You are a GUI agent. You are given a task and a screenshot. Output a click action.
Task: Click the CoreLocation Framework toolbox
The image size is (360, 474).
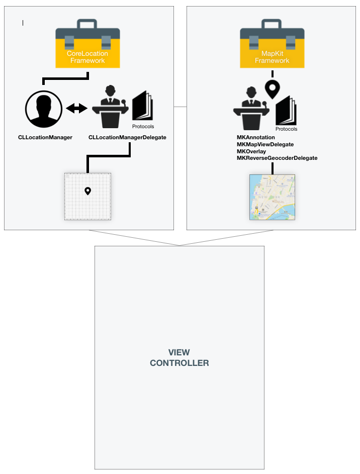tap(87, 44)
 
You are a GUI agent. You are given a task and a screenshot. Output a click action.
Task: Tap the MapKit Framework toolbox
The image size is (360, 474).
tap(272, 44)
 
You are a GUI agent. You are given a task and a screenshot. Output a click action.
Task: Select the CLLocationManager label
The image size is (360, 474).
tap(45, 137)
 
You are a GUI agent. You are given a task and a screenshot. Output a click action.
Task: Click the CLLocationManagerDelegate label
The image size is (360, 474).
tap(127, 137)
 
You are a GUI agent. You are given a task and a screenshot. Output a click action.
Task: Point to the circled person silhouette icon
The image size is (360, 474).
tap(44, 109)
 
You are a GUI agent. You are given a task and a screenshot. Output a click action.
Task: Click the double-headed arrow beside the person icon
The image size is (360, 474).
tap(76, 108)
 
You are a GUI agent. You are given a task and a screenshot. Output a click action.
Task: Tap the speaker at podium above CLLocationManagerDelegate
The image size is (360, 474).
tap(110, 107)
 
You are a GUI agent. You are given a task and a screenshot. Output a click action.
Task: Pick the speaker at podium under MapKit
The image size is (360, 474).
tap(251, 109)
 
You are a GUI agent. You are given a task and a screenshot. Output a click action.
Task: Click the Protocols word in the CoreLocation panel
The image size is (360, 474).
tap(143, 126)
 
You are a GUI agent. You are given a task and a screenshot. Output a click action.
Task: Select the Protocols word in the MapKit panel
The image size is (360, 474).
tap(286, 129)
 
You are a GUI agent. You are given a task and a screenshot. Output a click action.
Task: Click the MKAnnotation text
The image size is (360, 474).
tap(256, 137)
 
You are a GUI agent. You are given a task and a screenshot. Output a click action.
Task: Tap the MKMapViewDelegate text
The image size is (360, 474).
tap(265, 144)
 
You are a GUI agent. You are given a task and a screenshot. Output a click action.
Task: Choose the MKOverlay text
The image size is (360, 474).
tap(251, 151)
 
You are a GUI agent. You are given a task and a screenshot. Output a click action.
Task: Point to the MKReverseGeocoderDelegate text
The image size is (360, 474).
tap(277, 158)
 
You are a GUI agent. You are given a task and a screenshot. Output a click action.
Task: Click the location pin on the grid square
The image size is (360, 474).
tap(87, 191)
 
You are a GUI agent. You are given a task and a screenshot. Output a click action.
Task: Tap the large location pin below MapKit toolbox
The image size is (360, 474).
tap(273, 89)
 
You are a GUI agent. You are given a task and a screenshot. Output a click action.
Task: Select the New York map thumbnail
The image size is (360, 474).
tap(272, 197)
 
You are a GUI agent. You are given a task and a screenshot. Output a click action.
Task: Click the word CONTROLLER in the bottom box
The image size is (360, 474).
tap(179, 363)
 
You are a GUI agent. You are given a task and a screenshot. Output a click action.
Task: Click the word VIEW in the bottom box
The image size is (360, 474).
tap(179, 352)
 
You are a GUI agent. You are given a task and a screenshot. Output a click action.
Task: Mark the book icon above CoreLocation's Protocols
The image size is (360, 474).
tap(143, 106)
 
